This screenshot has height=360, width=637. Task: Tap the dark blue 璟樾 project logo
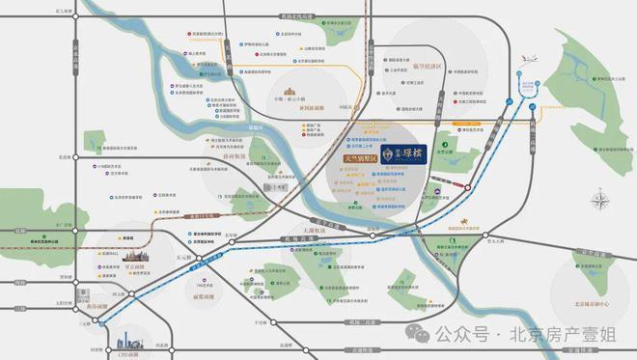pyautogui.click(x=391, y=152)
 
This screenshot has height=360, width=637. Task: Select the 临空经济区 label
pyautogui.click(x=424, y=66)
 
